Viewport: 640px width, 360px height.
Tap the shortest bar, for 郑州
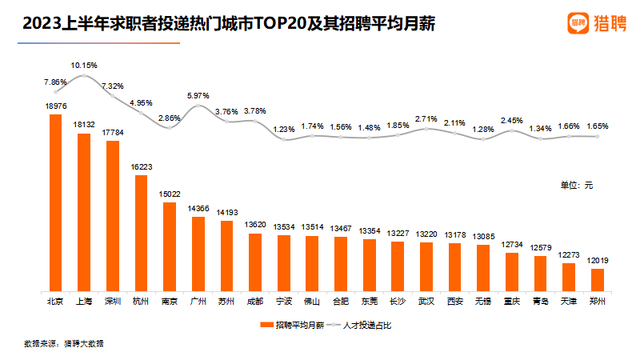click(597, 279)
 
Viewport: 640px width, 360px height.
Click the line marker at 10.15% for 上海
click(84, 75)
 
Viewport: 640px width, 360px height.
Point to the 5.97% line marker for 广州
click(198, 106)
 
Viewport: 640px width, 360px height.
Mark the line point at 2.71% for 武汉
click(426, 128)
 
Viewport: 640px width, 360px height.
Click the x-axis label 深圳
click(112, 302)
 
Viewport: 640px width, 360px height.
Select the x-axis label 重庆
click(511, 302)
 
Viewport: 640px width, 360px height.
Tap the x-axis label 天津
click(568, 302)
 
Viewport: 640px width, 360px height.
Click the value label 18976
click(55, 106)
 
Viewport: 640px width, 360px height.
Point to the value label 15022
click(169, 194)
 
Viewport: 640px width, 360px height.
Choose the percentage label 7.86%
click(55, 82)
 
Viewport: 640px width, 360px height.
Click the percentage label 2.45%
click(511, 121)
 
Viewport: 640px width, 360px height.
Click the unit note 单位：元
click(576, 185)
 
